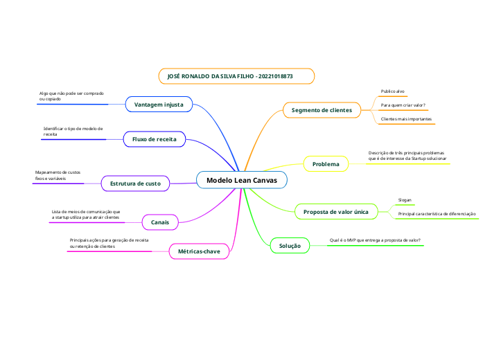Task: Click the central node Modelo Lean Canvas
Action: click(x=241, y=180)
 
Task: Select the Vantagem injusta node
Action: click(x=159, y=105)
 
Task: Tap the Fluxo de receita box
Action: click(x=154, y=139)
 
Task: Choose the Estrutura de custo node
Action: click(x=135, y=183)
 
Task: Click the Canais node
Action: click(x=160, y=222)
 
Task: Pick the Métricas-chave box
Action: click(x=199, y=251)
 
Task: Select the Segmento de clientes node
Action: click(x=322, y=110)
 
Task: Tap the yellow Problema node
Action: click(x=326, y=164)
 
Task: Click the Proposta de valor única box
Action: click(x=336, y=211)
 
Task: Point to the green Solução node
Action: click(x=290, y=246)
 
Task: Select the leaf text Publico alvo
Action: click(x=393, y=91)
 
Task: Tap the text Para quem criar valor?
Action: click(x=403, y=105)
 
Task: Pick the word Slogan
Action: click(x=405, y=200)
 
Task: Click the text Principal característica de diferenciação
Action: click(x=437, y=215)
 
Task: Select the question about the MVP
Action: click(x=374, y=240)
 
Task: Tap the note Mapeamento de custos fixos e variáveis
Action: click(x=58, y=175)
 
